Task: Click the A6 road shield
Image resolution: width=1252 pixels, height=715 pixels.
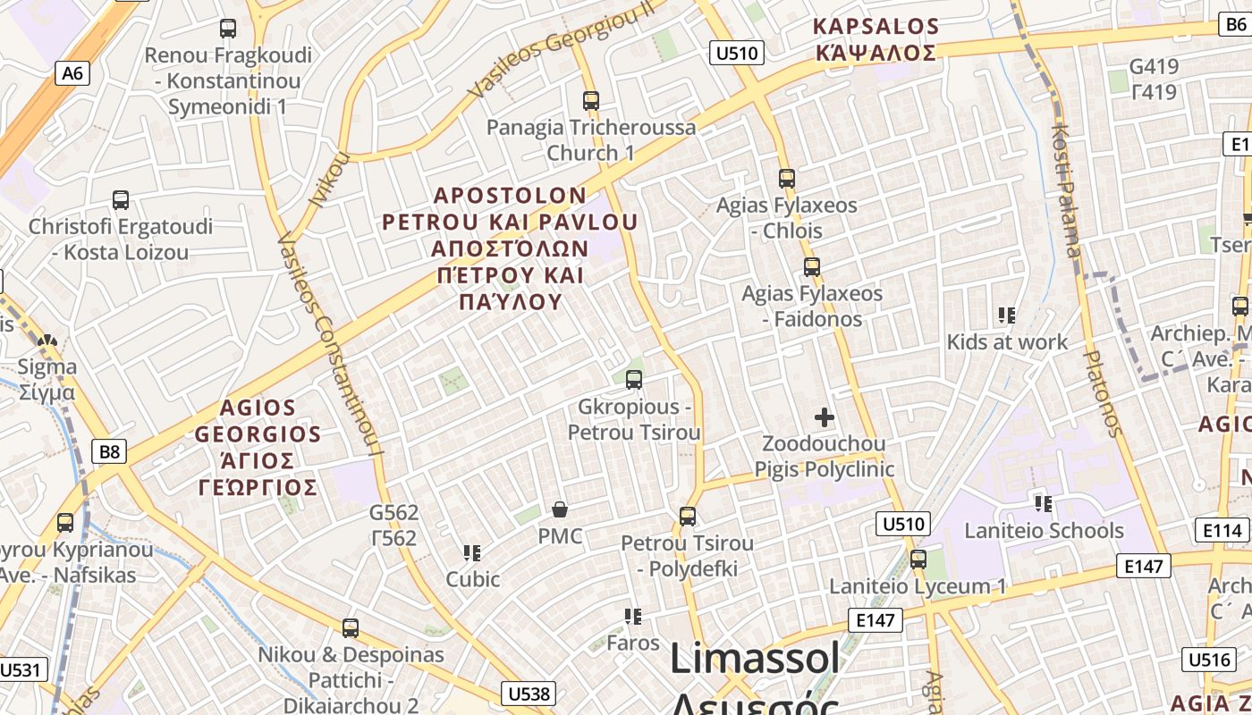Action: coord(72,72)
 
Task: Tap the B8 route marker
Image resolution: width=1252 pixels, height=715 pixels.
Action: coord(109,451)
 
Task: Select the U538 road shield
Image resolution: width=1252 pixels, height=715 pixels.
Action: coord(529,694)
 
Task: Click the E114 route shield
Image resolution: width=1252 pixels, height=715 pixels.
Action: coord(1222,531)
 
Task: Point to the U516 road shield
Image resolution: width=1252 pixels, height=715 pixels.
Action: coord(1209,660)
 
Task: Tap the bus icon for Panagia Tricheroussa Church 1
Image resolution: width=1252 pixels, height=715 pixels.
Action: coord(590,100)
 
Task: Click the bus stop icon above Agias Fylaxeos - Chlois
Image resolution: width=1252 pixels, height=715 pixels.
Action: coord(787,178)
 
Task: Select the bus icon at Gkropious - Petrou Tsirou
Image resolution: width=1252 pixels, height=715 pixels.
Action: coord(634,380)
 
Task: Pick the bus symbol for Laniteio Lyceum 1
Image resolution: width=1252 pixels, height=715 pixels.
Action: coord(918,559)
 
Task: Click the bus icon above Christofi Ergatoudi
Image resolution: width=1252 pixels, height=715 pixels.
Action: coord(121,199)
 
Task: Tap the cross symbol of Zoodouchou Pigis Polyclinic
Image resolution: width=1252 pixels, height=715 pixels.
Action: coord(825,416)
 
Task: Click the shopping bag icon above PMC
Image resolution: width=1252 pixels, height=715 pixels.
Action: coord(560,509)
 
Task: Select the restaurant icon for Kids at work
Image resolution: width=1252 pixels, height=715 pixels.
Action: coord(1007,315)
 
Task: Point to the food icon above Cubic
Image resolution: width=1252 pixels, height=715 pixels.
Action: coord(472,552)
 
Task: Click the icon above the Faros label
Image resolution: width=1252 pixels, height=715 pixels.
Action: coord(633,616)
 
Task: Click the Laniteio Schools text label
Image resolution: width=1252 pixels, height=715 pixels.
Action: coord(1044,530)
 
